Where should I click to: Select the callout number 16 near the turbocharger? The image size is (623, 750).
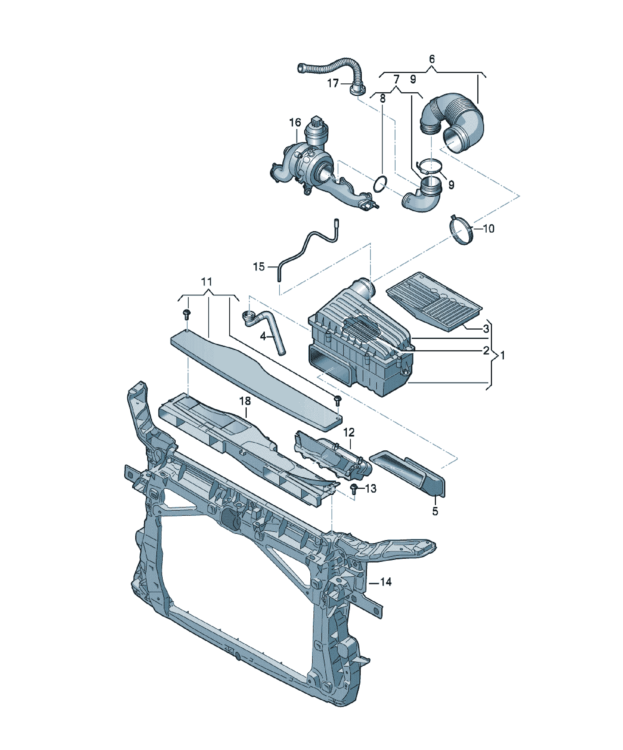(295, 123)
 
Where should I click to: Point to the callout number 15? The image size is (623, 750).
(259, 267)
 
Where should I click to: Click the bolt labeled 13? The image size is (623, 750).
(355, 489)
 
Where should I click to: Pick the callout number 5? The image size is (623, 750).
(435, 511)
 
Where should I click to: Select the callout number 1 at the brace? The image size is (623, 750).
(502, 355)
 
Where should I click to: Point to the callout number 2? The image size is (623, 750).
(486, 351)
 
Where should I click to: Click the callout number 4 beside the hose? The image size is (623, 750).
(263, 336)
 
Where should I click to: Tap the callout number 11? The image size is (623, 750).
(207, 282)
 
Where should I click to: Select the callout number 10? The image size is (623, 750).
(489, 229)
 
